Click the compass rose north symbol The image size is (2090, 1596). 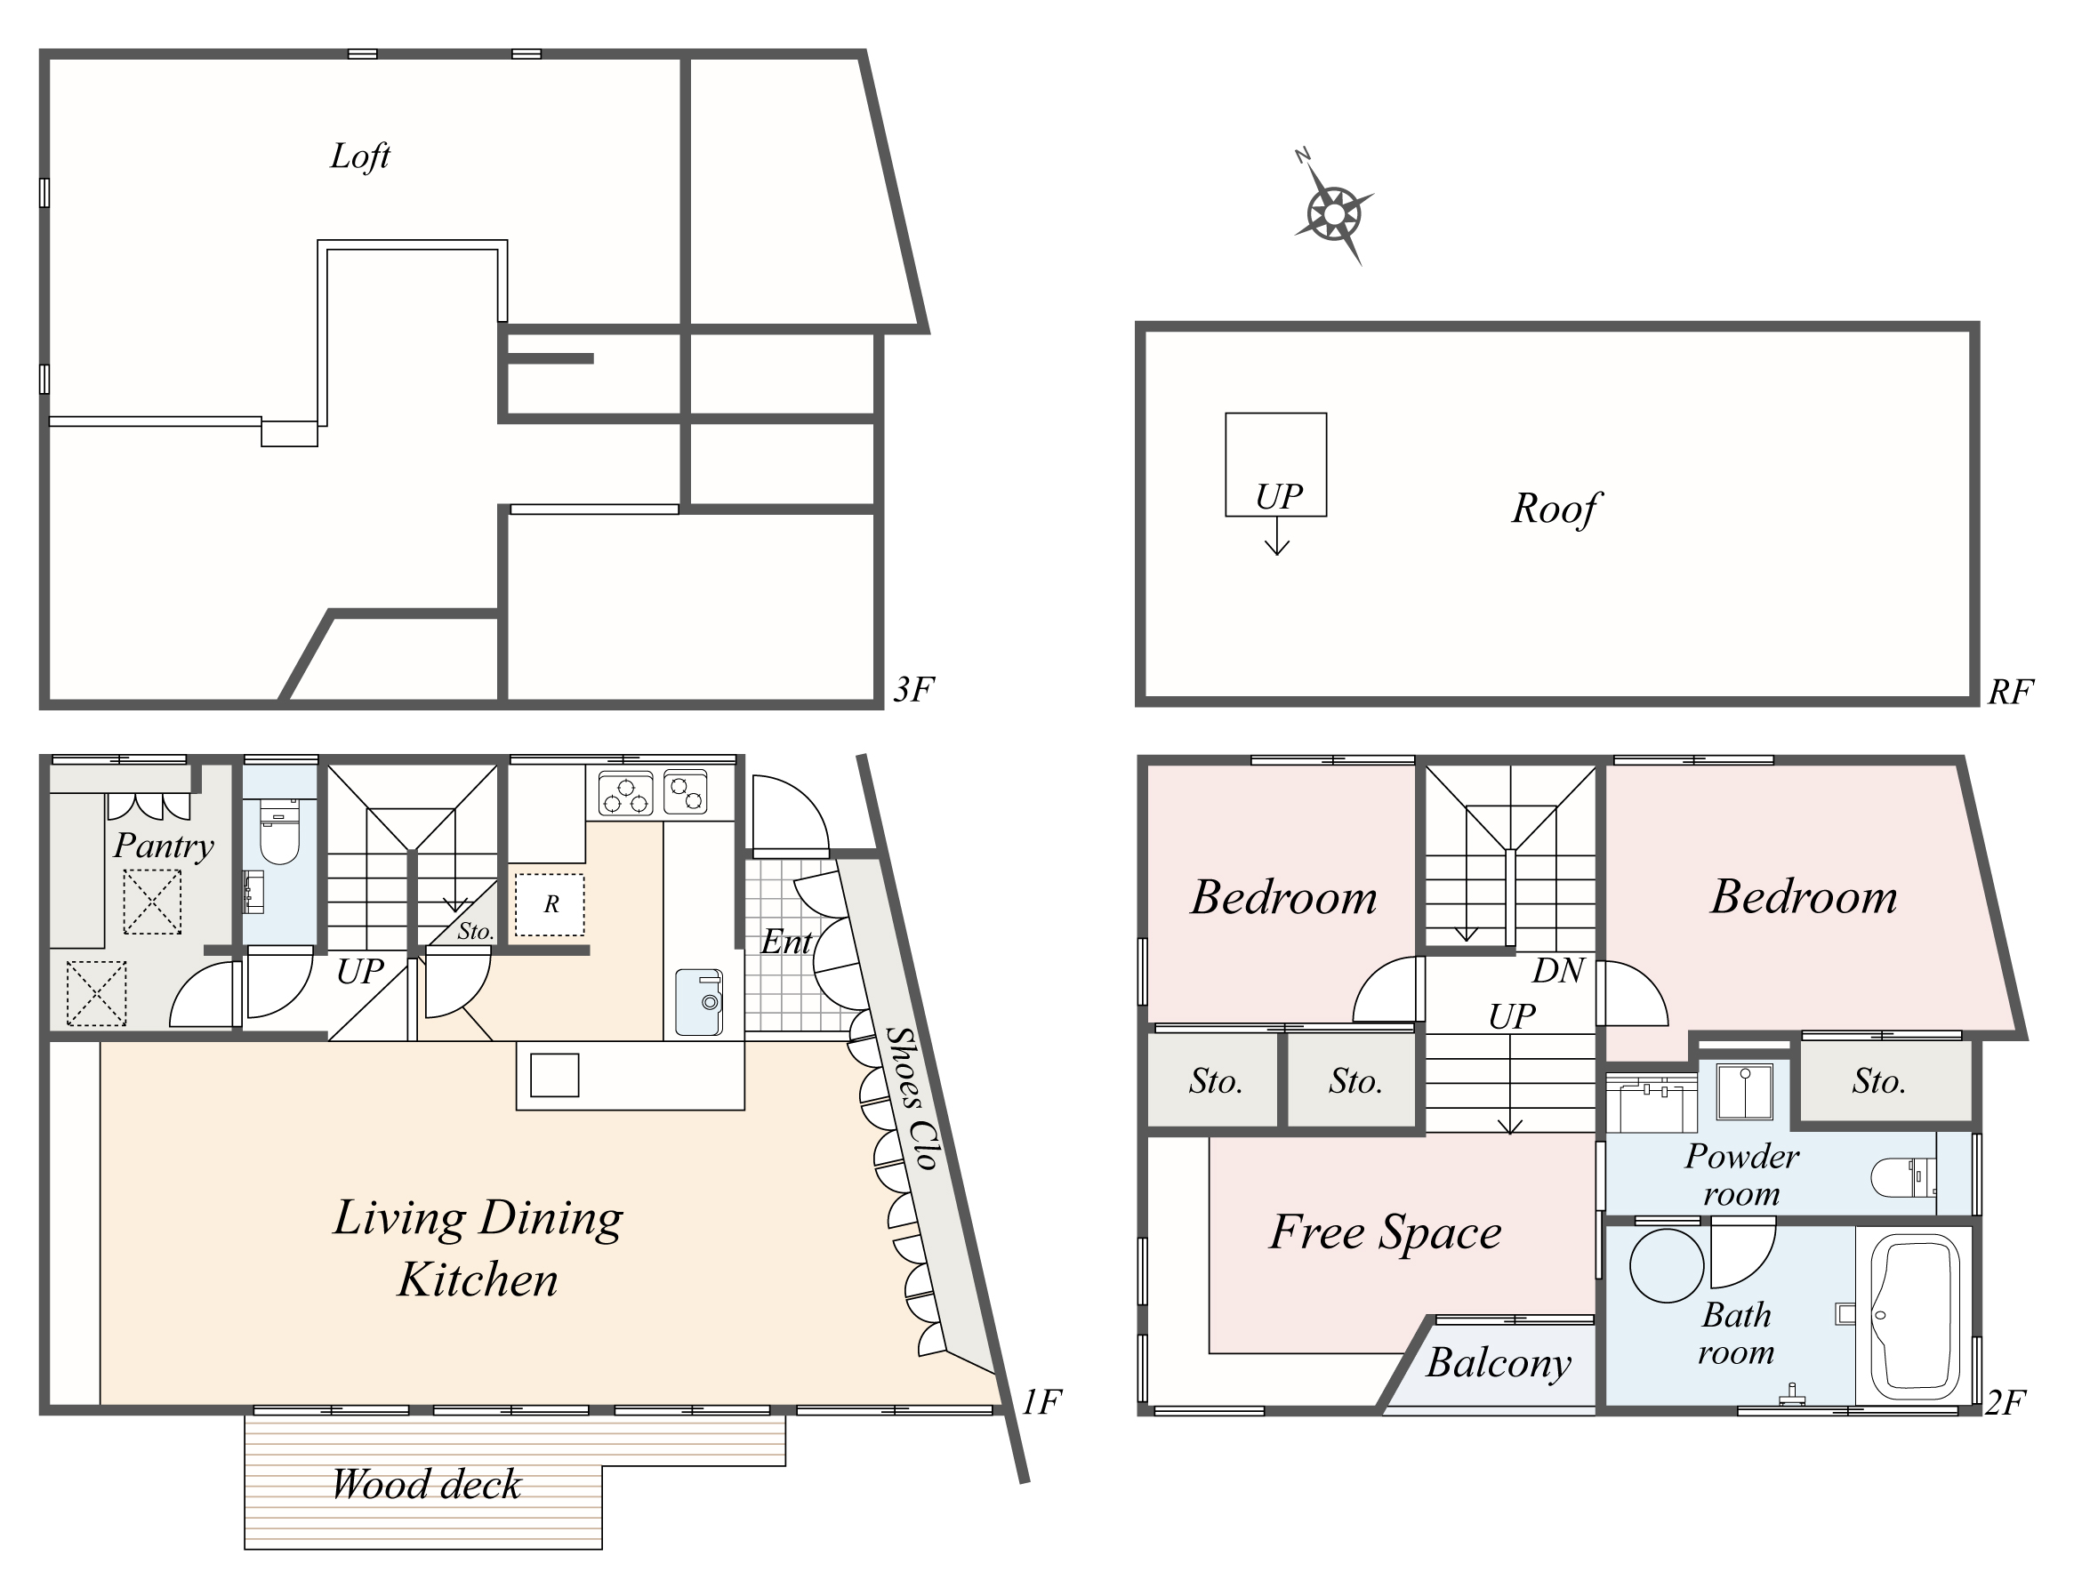(1334, 213)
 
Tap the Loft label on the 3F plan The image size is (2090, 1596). (360, 156)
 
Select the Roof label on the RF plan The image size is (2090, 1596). (1555, 509)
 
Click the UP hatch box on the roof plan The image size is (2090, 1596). (1276, 464)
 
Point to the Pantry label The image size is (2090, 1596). (164, 845)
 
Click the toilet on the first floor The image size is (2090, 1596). (279, 837)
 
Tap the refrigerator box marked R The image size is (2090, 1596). (550, 904)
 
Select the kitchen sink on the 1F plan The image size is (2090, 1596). (699, 1002)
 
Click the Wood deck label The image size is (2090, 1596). (427, 1484)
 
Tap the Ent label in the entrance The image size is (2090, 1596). (785, 942)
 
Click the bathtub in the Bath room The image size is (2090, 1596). (1915, 1316)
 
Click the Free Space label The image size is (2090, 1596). (1385, 1232)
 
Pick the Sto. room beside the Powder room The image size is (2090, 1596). (1879, 1081)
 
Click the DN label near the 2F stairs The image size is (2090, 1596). (1558, 970)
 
